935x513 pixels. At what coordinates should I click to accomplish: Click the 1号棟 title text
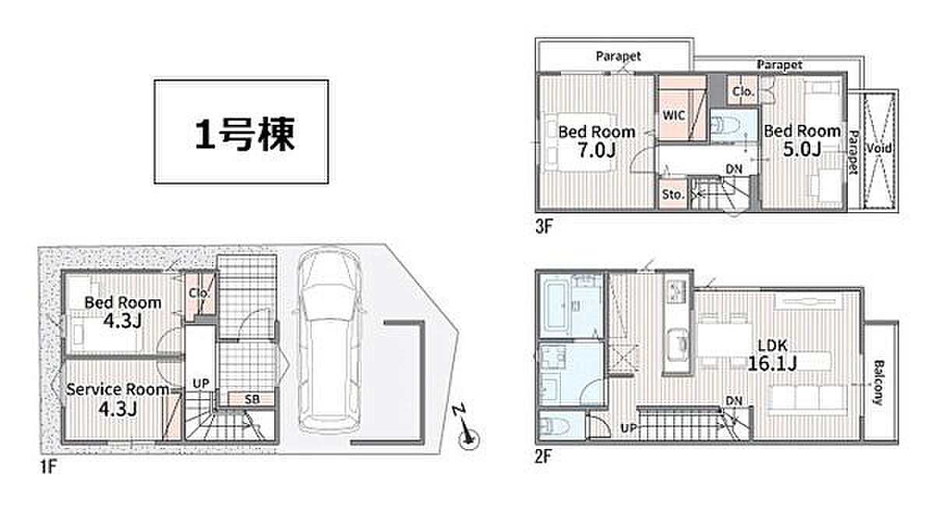pos(245,133)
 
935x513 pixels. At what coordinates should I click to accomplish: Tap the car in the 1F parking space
pos(330,341)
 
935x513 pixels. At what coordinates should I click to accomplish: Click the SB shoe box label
pos(252,399)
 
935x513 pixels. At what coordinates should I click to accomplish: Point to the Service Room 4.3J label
pos(118,399)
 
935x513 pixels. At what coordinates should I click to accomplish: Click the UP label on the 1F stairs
pos(201,384)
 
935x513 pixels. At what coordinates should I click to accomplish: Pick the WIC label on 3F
pos(674,115)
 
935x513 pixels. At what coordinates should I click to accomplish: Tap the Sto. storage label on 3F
pos(673,194)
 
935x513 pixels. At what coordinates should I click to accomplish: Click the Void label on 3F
pos(879,148)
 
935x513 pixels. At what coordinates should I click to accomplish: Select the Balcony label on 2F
pos(879,383)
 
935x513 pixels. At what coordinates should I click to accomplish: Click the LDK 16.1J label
pos(772,355)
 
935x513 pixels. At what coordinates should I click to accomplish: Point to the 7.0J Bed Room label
pos(597,141)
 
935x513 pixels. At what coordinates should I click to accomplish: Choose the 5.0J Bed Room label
pos(803,140)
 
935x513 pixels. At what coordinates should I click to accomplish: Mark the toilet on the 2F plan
pos(554,426)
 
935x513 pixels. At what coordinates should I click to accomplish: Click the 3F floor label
pos(544,227)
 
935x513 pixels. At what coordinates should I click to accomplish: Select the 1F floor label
pos(48,467)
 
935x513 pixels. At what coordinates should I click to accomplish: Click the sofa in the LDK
pos(808,398)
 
